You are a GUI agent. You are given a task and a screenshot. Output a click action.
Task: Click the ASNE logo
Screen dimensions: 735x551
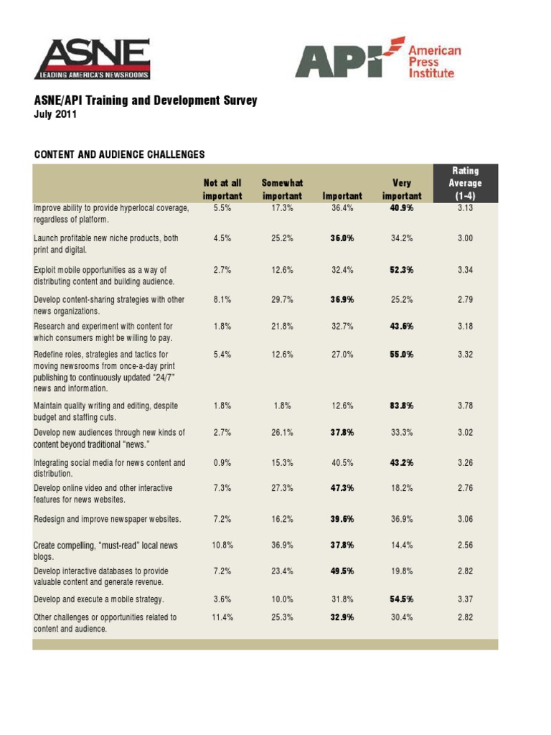click(92, 58)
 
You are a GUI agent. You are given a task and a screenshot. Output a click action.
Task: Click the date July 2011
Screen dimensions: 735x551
click(55, 114)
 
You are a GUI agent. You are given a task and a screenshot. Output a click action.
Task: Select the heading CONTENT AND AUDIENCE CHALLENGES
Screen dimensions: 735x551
click(119, 154)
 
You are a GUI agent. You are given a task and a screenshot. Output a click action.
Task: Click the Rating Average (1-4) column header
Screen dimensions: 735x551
click(465, 183)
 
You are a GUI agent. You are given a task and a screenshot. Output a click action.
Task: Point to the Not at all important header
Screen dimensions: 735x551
click(222, 189)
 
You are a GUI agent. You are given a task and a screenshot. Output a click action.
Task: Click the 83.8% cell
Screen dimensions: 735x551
click(402, 406)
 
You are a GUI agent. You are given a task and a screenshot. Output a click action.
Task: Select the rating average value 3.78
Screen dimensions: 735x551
click(465, 406)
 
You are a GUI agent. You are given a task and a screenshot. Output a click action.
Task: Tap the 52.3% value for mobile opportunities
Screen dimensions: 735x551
click(402, 270)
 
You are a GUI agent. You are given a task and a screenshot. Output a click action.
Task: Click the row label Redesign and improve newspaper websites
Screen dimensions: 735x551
click(108, 519)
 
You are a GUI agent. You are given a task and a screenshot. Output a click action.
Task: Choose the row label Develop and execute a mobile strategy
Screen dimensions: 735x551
click(99, 599)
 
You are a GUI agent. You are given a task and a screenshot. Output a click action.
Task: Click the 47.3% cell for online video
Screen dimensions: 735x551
click(340, 488)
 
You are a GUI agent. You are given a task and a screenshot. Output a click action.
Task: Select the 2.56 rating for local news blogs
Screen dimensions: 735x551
click(465, 546)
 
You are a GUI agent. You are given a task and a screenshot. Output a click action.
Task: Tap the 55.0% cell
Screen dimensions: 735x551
click(402, 354)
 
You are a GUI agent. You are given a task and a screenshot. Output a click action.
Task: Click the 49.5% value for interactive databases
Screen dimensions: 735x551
click(340, 571)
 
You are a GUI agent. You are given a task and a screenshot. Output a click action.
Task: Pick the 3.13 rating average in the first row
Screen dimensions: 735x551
click(465, 208)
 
